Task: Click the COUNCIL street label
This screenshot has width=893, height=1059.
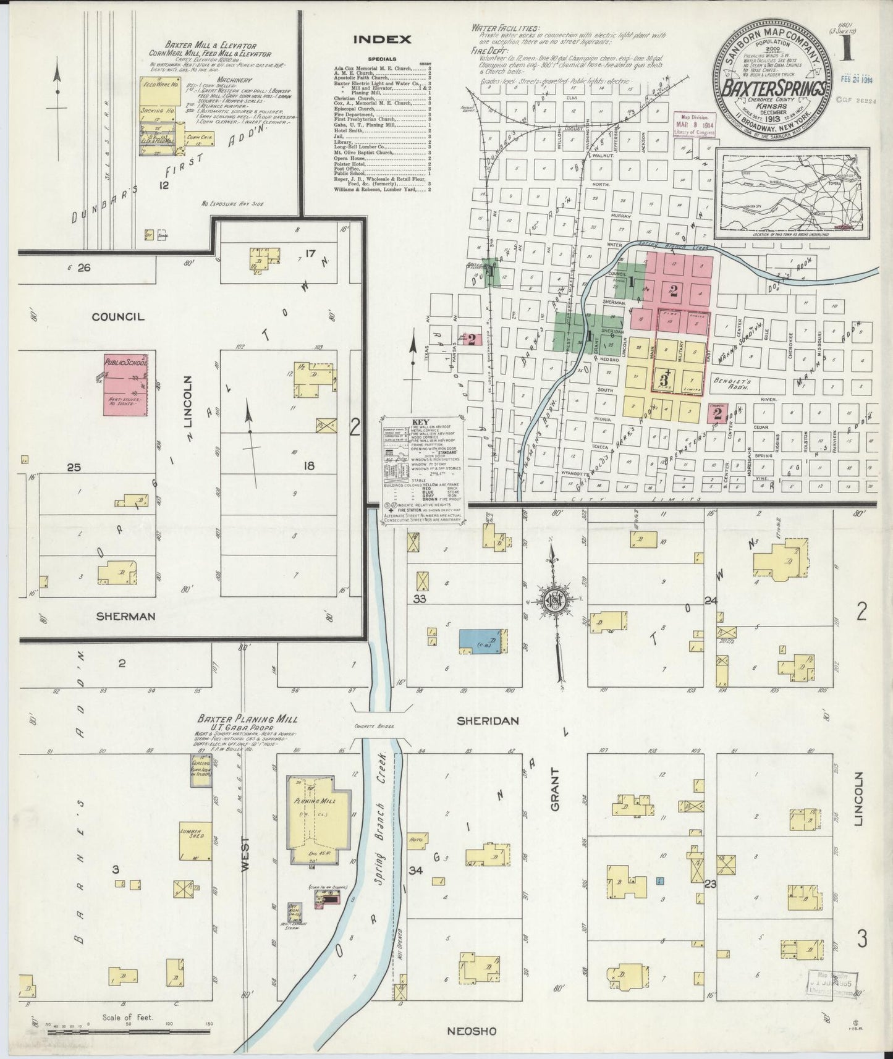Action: coord(117,316)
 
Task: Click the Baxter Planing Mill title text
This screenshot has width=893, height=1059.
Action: coord(247,719)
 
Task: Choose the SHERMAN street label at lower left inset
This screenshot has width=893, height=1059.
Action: coord(126,616)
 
